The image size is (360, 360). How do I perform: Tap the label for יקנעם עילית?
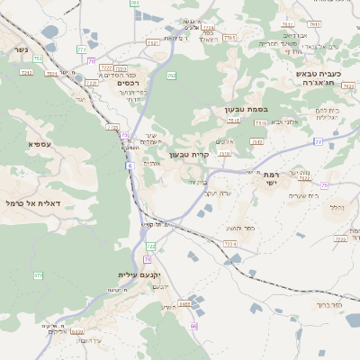138,274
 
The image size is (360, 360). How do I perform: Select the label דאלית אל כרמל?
31,204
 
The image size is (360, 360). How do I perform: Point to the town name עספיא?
39,143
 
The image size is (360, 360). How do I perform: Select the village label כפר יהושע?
241,228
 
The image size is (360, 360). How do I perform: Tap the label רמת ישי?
265,177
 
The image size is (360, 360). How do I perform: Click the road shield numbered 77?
318,141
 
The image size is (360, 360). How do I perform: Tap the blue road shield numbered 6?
130,166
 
